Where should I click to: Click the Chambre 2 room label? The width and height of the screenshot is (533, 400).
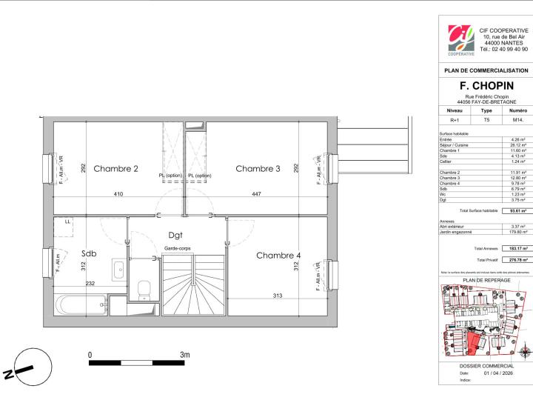click(x=115, y=169)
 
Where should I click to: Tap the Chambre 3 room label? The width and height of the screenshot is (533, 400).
click(x=258, y=169)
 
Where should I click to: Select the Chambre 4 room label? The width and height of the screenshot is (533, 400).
click(x=258, y=256)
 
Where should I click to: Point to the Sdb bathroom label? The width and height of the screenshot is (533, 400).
click(x=89, y=253)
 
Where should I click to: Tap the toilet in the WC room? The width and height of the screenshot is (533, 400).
click(x=144, y=288)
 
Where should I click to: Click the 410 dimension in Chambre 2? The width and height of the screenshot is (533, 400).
click(x=119, y=194)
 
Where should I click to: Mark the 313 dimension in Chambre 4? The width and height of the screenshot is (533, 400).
click(x=278, y=296)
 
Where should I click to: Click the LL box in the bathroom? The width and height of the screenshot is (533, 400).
click(x=67, y=221)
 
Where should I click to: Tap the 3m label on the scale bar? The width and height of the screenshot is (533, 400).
click(x=184, y=355)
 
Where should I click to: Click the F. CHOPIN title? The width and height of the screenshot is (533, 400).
click(x=486, y=86)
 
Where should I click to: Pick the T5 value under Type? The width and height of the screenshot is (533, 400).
click(x=486, y=119)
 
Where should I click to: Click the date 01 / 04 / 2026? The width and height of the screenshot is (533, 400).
click(x=497, y=373)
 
